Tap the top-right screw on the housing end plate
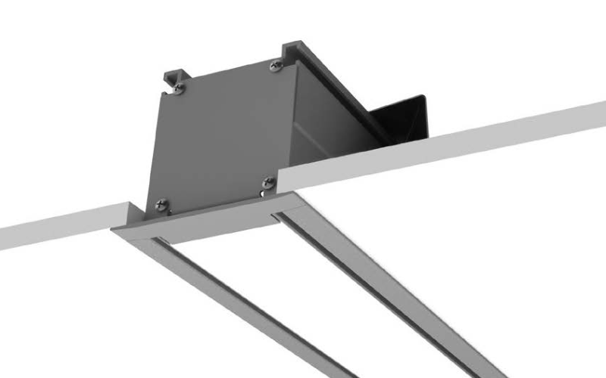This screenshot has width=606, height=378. (x=275, y=67)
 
